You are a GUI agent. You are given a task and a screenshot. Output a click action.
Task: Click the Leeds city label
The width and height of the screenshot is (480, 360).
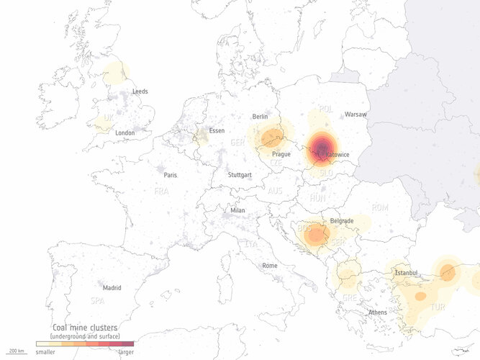[140, 91]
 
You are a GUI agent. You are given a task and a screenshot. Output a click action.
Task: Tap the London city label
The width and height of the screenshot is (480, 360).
[125, 132]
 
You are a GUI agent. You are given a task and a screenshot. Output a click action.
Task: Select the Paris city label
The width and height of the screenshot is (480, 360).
[170, 175]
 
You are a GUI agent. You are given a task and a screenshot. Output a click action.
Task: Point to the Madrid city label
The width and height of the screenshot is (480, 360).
[112, 287]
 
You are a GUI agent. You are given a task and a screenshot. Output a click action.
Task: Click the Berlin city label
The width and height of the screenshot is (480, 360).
[260, 116]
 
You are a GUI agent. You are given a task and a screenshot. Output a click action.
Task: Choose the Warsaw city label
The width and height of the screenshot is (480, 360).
[356, 114]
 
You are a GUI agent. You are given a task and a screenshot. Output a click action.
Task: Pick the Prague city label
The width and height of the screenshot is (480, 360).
[281, 154]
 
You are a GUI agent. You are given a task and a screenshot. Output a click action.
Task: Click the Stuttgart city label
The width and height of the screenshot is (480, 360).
[240, 175]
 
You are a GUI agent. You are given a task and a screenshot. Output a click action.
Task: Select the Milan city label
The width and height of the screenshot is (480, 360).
[237, 210]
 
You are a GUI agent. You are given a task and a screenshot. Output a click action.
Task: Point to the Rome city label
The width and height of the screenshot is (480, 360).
[270, 266]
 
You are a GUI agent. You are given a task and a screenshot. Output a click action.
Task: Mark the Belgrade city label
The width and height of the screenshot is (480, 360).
[342, 220]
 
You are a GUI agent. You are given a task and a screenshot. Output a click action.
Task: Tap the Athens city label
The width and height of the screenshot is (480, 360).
[377, 312]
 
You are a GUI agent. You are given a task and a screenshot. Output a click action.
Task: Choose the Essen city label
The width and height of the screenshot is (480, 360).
[216, 131]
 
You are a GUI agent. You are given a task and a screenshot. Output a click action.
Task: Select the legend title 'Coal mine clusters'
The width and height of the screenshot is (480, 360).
[86, 328]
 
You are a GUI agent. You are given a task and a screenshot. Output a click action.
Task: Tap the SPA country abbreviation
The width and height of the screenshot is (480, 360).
[97, 300]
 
